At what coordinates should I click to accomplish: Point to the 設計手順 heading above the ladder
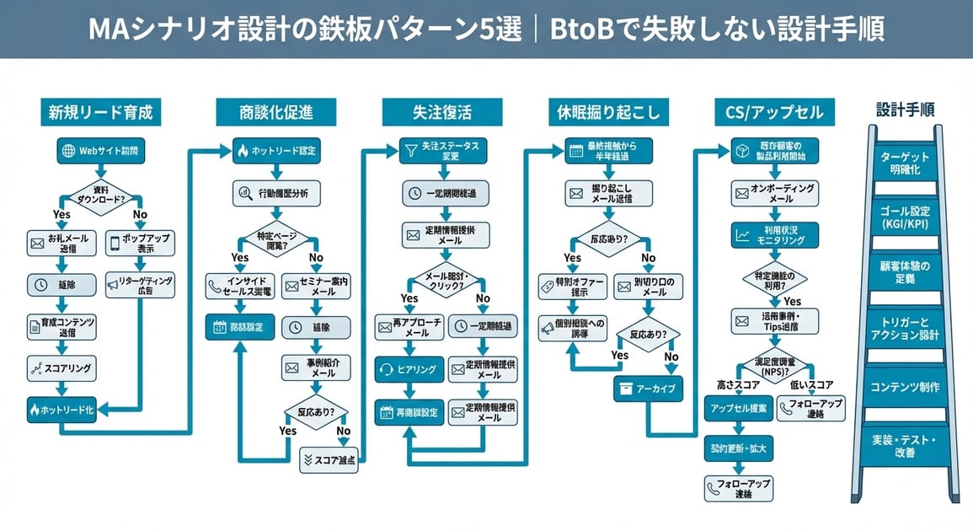[x=904, y=110]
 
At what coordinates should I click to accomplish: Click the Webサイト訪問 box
[x=99, y=151]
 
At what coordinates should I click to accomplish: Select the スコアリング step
[x=61, y=367]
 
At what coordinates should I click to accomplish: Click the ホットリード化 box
[x=61, y=409]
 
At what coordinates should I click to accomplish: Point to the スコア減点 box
[x=329, y=459]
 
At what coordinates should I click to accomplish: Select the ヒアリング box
[x=408, y=369]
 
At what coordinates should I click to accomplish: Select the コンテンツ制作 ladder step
[x=904, y=387]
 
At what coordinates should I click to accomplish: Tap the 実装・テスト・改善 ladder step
[x=904, y=446]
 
